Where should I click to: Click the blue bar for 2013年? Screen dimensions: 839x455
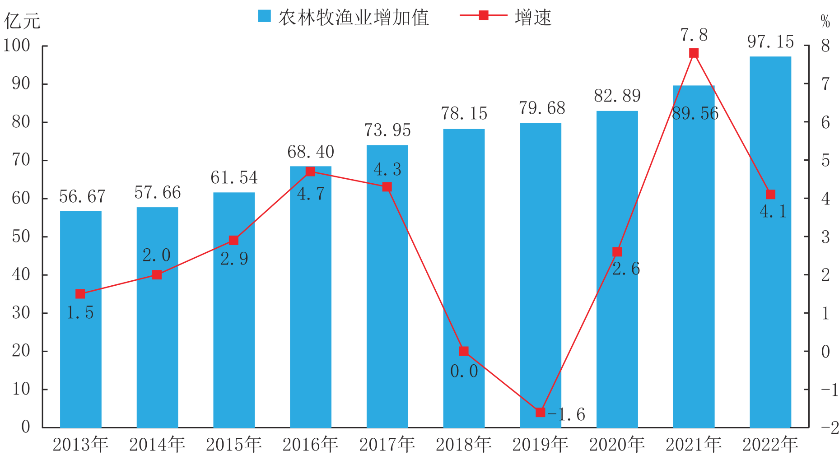[x=81, y=319]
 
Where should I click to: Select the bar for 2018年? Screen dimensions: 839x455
[x=464, y=278]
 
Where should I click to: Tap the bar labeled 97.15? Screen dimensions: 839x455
[x=770, y=242]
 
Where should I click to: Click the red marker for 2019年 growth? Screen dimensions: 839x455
[x=540, y=412]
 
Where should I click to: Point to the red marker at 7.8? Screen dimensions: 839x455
[x=694, y=53]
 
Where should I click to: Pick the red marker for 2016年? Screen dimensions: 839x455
[x=310, y=172]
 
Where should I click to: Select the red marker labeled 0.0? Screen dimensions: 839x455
[x=464, y=351]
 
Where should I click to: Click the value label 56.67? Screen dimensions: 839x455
[x=82, y=196]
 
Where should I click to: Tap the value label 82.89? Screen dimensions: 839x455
[x=617, y=96]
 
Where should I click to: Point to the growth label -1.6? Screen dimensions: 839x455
[x=566, y=414]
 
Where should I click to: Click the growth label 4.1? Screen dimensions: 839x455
[x=773, y=211]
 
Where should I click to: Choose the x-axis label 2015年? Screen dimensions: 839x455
[x=234, y=445]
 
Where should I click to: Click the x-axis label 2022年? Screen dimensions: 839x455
[x=770, y=445]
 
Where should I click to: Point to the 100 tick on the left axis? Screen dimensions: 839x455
[x=17, y=46]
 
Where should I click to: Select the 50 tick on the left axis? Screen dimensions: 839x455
[x=21, y=237]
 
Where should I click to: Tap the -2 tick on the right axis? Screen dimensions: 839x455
[x=830, y=427]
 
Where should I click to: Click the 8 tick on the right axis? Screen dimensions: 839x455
[x=825, y=46]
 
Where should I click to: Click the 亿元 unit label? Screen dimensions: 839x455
[x=22, y=21]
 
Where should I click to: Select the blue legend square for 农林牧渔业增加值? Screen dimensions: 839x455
[x=264, y=16]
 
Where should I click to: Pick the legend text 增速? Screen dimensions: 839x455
[x=533, y=17]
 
